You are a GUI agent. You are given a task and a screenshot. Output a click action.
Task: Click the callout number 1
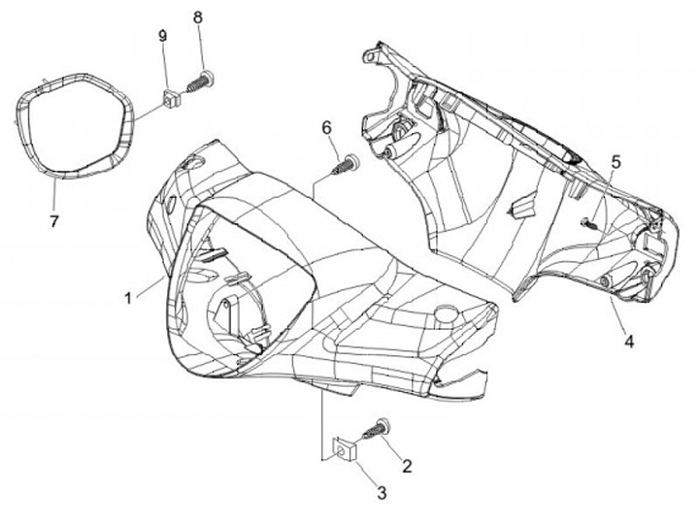(128, 298)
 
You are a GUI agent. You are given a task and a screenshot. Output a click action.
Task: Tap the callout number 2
(407, 466)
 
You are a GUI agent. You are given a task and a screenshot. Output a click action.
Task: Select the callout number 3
(382, 493)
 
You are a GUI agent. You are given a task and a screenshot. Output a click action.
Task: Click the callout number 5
(616, 162)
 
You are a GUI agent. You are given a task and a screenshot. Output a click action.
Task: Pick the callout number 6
(327, 127)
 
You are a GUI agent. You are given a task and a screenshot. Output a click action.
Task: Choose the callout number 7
(54, 221)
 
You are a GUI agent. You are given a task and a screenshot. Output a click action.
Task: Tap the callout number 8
(198, 17)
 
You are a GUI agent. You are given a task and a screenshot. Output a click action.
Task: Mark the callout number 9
(163, 36)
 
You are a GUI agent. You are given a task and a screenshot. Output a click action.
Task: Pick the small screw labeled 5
(589, 223)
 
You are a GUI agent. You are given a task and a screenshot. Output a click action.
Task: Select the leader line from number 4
(618, 315)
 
